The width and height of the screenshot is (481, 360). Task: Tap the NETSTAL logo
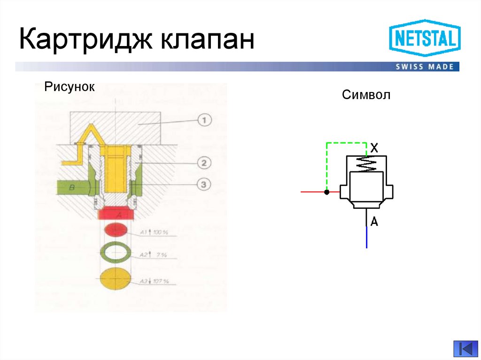click(x=425, y=38)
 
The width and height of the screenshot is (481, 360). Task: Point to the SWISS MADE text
click(x=425, y=67)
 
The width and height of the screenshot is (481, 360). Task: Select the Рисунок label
click(x=70, y=87)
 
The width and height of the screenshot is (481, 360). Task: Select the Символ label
click(x=366, y=95)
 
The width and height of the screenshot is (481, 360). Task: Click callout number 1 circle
click(x=204, y=120)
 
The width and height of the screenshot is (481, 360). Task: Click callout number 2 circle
click(x=204, y=163)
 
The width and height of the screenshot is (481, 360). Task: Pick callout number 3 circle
click(x=204, y=185)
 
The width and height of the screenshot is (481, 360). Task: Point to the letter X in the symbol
click(x=374, y=148)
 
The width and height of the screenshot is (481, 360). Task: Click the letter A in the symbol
click(x=374, y=222)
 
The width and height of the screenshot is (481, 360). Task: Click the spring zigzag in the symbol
click(x=366, y=164)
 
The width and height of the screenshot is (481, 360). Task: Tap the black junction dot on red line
click(x=326, y=192)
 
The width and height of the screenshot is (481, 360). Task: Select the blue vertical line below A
click(x=366, y=237)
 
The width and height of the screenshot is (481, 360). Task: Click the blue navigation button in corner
click(x=465, y=349)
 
